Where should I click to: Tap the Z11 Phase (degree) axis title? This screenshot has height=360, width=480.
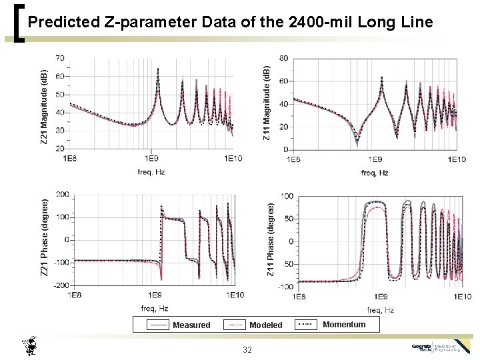[271, 240]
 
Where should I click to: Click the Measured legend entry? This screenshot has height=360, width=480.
[191, 325]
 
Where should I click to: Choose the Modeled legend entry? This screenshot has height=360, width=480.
[265, 325]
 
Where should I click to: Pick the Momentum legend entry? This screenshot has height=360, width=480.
[343, 325]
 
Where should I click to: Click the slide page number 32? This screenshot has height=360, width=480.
[247, 350]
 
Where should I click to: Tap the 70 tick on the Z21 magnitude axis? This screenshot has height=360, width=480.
[60, 58]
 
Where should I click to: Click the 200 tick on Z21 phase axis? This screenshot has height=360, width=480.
[61, 195]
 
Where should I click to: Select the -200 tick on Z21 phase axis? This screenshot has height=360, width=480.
[60, 285]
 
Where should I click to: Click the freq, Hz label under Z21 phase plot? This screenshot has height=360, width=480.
[154, 308]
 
